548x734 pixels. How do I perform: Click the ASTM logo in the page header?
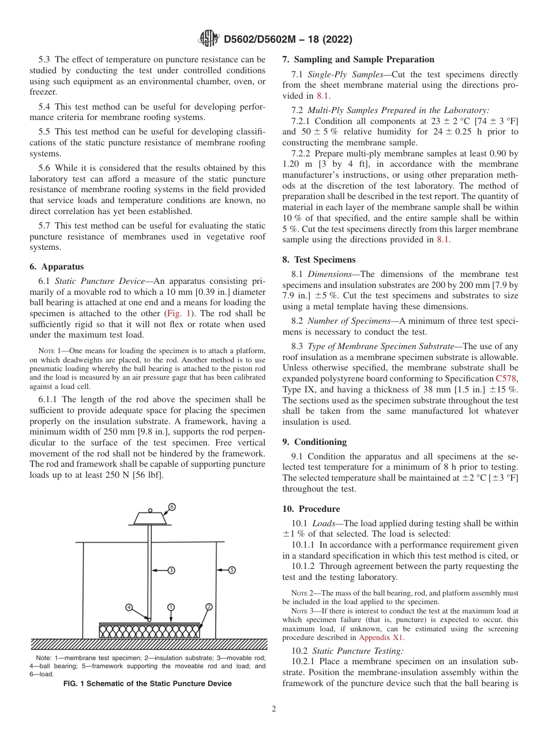[208, 39]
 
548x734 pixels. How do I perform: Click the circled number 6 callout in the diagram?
[171, 507]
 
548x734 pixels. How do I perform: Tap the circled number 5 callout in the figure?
[232, 570]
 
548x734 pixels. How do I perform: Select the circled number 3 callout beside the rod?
[171, 570]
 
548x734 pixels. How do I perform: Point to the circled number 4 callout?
[129, 607]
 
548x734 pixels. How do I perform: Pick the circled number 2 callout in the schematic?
[208, 606]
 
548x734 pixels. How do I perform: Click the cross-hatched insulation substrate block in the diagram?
[149, 631]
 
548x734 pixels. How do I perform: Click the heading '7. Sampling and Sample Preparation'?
[358, 59]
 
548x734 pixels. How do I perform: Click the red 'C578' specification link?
[506, 379]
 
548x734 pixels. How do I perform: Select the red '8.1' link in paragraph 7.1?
[323, 96]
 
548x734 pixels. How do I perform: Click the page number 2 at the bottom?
[274, 709]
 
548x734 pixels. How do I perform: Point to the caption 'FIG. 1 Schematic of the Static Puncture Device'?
[148, 684]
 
